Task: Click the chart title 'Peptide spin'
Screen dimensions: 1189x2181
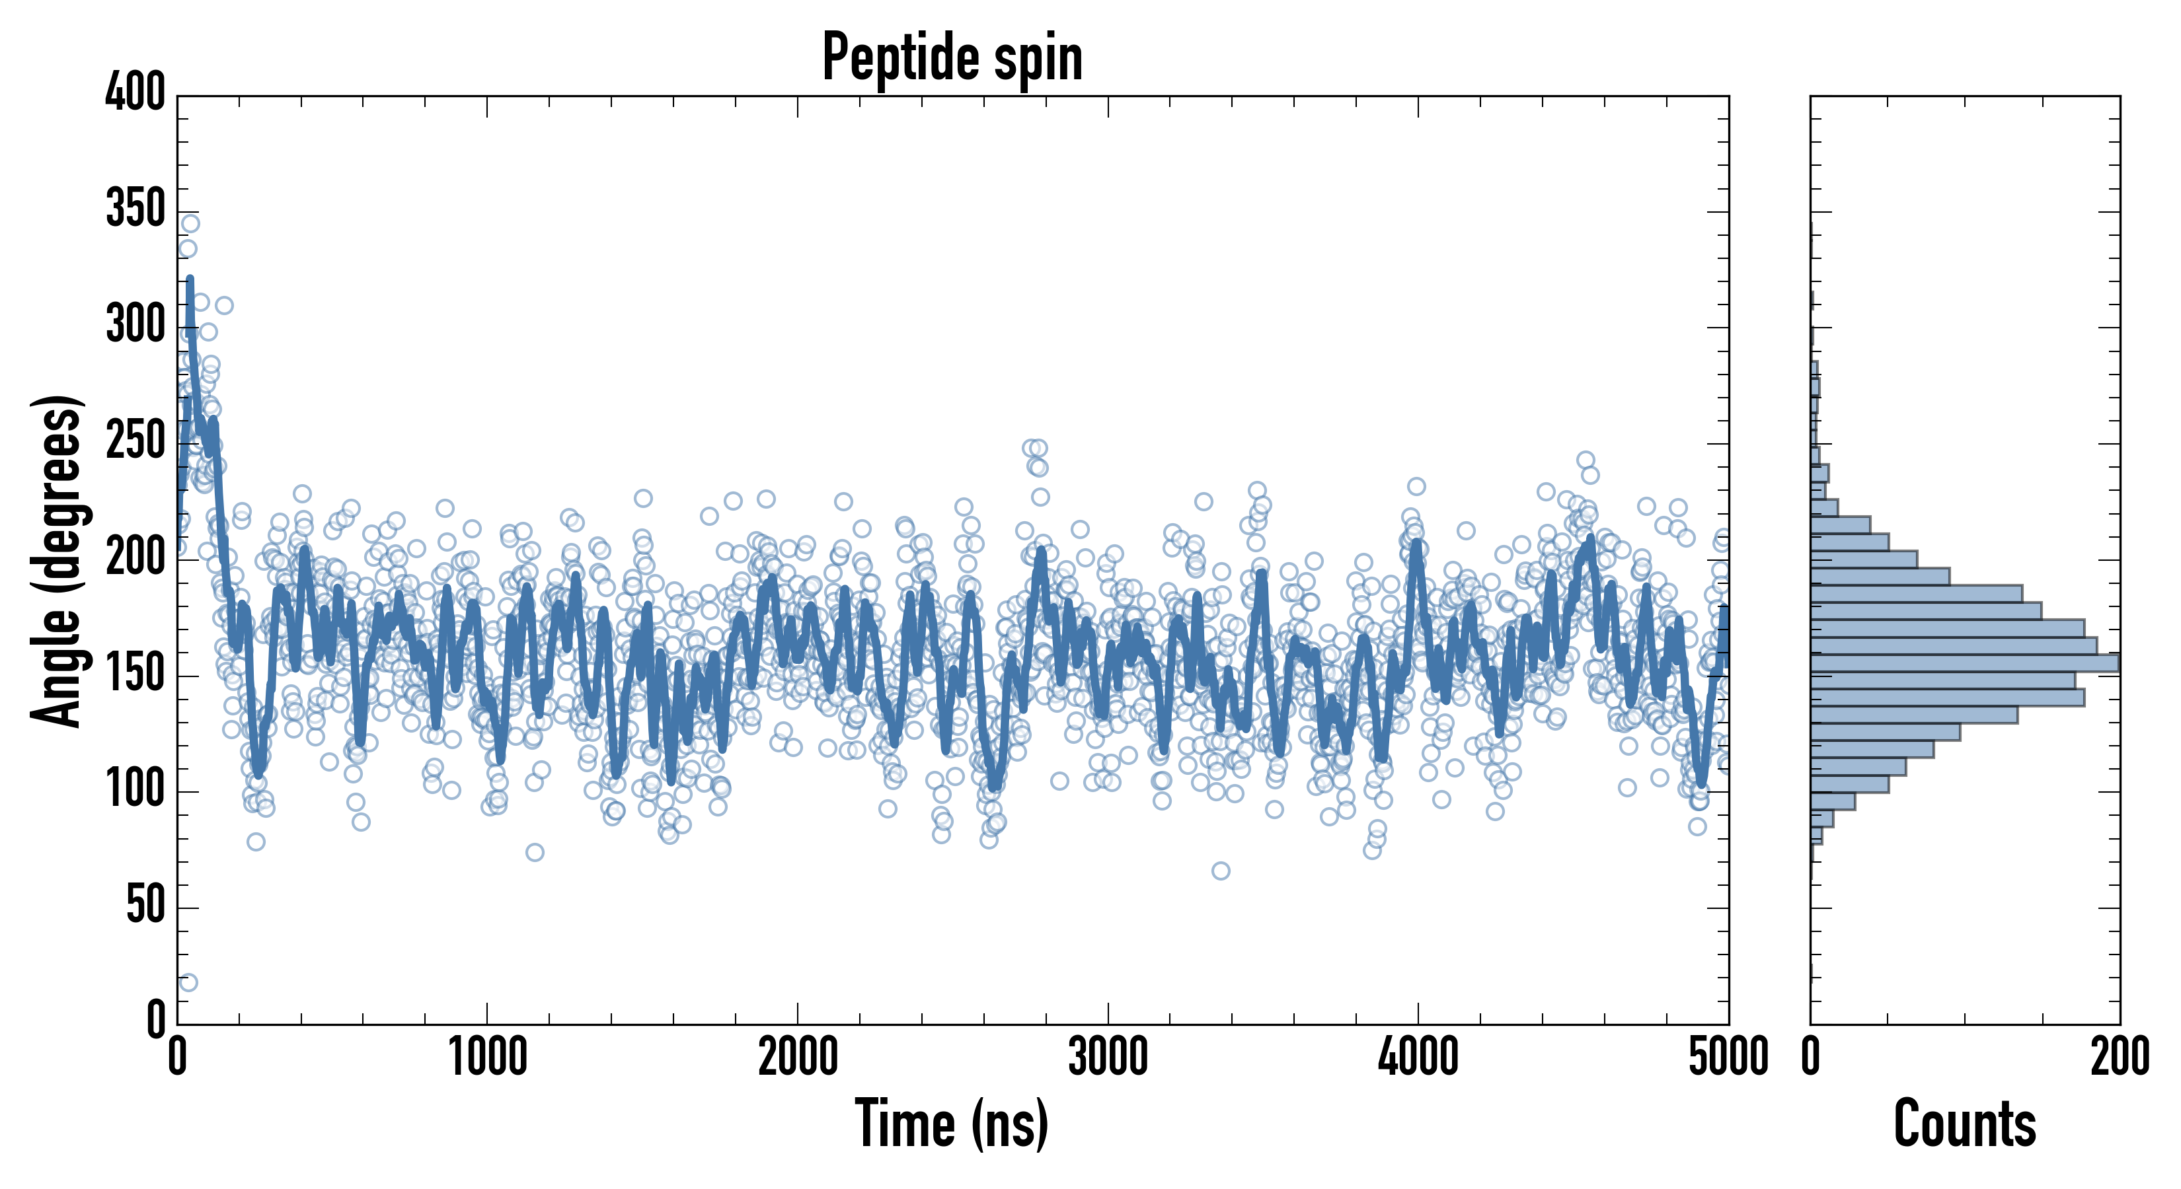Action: pyautogui.click(x=952, y=57)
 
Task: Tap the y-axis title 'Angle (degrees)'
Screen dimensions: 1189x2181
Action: pyautogui.click(x=57, y=560)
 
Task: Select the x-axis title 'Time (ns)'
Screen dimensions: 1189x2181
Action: pyautogui.click(x=952, y=1123)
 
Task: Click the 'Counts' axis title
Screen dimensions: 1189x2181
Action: pyautogui.click(x=1964, y=1123)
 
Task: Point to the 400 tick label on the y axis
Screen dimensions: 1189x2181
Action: pyautogui.click(x=135, y=92)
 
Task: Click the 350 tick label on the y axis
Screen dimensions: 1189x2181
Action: pyautogui.click(x=135, y=208)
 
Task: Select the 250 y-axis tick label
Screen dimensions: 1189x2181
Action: pyautogui.click(x=135, y=441)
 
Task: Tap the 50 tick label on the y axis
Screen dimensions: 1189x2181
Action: pyautogui.click(x=145, y=906)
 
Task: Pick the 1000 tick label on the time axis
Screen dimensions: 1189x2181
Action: pyautogui.click(x=487, y=1057)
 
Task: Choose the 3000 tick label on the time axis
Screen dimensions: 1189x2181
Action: pyautogui.click(x=1108, y=1057)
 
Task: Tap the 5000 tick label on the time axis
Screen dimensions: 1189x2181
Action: pyautogui.click(x=1728, y=1057)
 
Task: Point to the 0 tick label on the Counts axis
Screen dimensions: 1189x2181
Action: pyautogui.click(x=1810, y=1057)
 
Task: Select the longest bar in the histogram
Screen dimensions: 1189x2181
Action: pyautogui.click(x=1964, y=663)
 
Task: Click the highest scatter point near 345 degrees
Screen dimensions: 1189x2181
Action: pyautogui.click(x=190, y=223)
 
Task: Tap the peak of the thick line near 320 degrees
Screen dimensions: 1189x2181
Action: pyautogui.click(x=190, y=279)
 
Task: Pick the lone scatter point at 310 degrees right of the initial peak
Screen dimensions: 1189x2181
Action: pyautogui.click(x=223, y=305)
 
